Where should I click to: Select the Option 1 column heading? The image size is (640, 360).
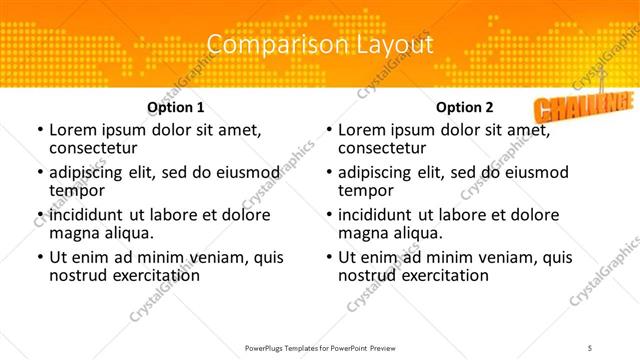click(176, 106)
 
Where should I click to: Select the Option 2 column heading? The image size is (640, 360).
click(465, 106)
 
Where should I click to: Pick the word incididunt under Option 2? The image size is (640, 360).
click(377, 215)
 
